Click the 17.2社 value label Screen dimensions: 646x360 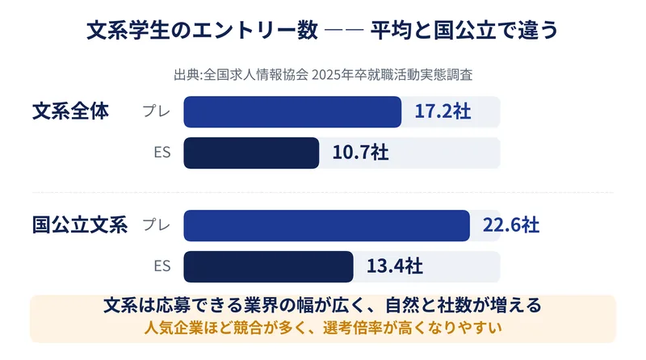point(443,111)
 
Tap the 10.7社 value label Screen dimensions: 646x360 point(360,153)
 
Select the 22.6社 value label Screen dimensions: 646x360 point(511,225)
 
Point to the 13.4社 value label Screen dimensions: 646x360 point(395,266)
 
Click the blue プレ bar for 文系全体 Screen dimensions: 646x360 point(292,111)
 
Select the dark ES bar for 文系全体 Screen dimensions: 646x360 point(251,153)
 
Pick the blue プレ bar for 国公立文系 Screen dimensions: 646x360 point(327,226)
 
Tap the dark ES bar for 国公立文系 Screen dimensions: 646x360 point(268,267)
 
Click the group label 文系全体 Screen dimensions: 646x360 point(70,111)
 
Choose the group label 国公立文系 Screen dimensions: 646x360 point(80,225)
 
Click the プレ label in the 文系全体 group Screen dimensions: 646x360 point(157,111)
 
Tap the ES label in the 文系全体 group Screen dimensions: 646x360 point(162,153)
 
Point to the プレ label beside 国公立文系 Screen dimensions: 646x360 point(157,225)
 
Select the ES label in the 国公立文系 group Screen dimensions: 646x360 point(162,266)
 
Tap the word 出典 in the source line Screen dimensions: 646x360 point(187,75)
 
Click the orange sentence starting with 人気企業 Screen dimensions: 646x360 point(323,328)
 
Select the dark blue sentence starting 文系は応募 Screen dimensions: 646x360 point(322,305)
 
